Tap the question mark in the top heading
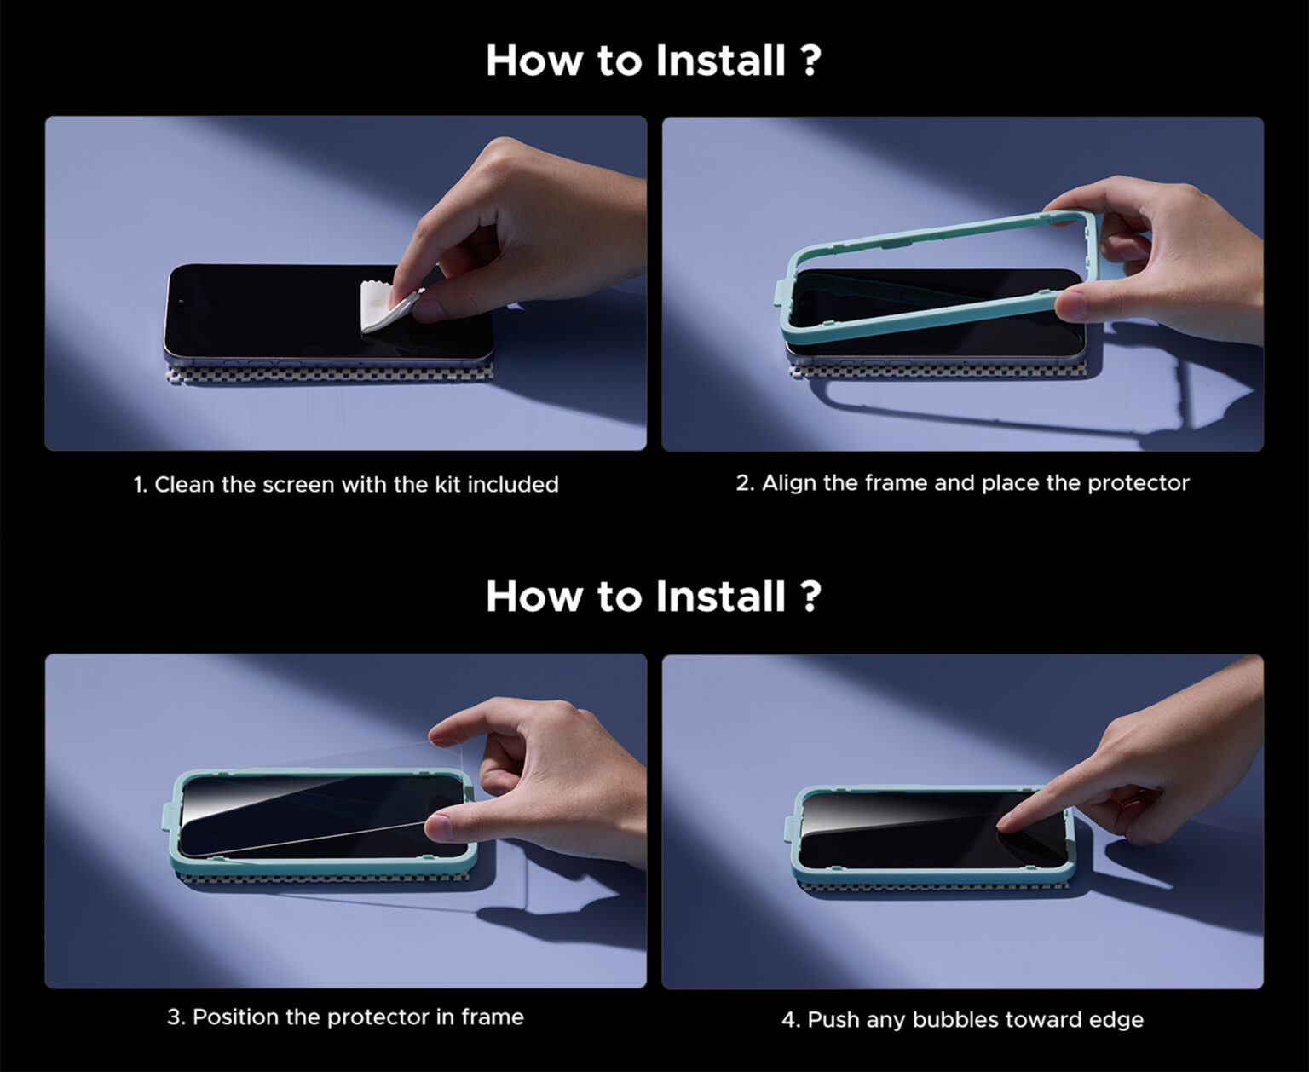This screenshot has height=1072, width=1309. click(x=810, y=61)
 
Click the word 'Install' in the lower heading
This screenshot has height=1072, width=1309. click(x=721, y=597)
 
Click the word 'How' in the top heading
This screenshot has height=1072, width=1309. click(x=534, y=61)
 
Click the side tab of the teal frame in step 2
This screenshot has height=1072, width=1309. click(x=780, y=294)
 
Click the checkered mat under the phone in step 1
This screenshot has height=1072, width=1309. click(x=330, y=374)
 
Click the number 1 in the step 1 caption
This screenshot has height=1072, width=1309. click(x=138, y=485)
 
